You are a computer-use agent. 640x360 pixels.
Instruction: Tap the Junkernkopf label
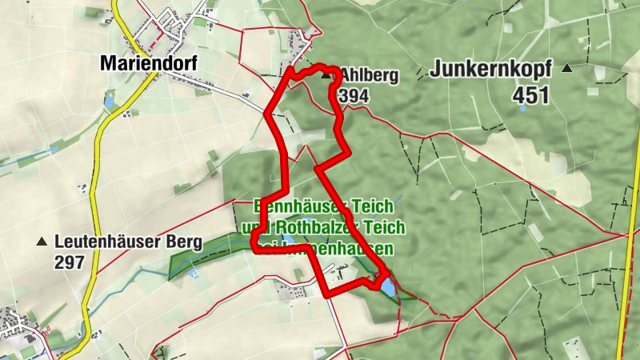click(490, 70)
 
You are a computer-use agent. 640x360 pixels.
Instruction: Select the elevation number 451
click(532, 96)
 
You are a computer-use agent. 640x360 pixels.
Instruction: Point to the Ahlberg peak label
click(369, 76)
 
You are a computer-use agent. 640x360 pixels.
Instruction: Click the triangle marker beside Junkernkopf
click(567, 69)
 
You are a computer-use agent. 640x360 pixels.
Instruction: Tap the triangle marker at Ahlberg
click(326, 77)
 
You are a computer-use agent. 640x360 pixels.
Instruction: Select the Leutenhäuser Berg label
click(128, 241)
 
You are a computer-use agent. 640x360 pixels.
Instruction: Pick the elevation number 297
click(70, 262)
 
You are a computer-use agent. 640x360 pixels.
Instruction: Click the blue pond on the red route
click(386, 286)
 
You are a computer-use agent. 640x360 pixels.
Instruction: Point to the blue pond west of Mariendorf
click(109, 102)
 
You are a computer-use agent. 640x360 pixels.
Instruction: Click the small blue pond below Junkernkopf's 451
click(522, 109)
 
